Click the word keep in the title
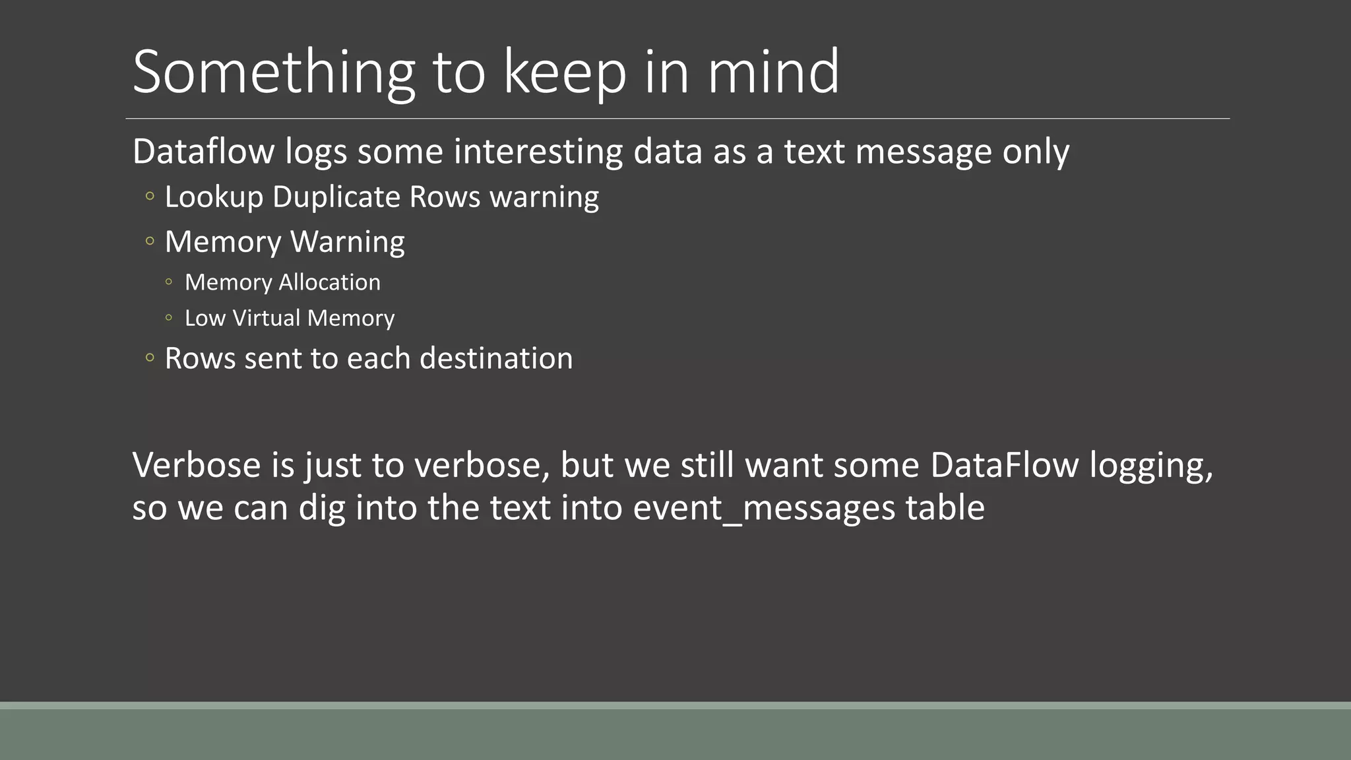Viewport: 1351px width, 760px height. click(565, 73)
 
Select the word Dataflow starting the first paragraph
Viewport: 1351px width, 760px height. click(203, 151)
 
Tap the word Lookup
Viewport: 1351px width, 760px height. click(214, 197)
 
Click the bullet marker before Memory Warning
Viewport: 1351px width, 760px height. click(150, 241)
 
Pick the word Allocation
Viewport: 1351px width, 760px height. click(330, 282)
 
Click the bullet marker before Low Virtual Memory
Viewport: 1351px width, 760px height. click(169, 318)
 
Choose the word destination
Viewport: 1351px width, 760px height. click(496, 358)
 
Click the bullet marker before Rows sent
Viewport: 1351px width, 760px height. click(150, 358)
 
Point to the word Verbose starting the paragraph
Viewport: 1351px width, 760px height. click(197, 465)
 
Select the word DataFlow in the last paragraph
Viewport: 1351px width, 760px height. click(1005, 465)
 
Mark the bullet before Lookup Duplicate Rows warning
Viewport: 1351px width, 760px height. click(150, 197)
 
